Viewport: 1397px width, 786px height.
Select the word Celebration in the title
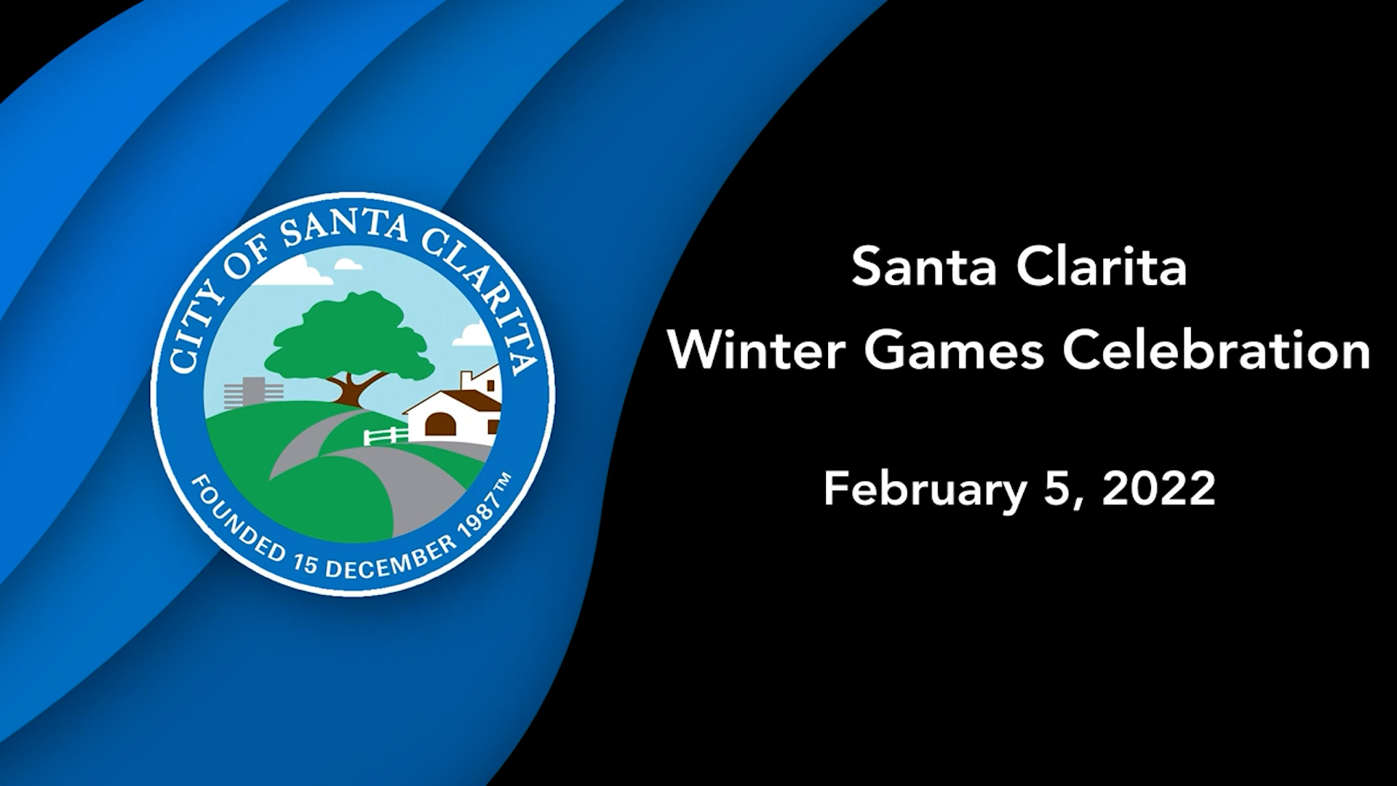1217,350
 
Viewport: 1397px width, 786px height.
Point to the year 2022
1158,489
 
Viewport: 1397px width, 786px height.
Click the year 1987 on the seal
477,520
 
